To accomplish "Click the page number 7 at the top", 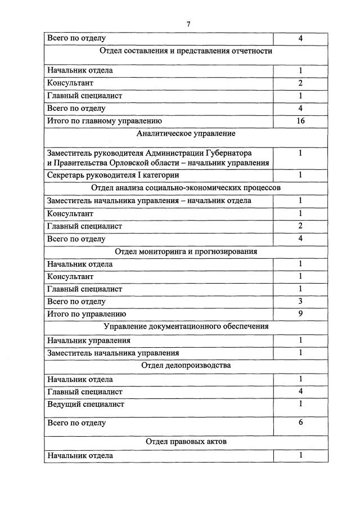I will pos(188,24).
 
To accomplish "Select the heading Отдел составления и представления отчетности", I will pos(186,51).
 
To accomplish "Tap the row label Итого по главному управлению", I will pos(105,120).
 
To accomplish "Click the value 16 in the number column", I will pos(300,120).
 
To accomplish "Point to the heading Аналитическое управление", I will pos(186,134).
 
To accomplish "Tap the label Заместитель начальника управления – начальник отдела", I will pos(149,201).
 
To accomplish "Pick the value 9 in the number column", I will pos(300,313).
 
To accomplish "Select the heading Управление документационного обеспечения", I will pos(186,326).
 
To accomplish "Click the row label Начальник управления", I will pos(89,340).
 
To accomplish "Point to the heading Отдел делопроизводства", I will pos(186,365).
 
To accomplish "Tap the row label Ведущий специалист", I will pos(85,404).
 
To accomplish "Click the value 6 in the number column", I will pos(300,422).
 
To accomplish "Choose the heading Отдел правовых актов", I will pos(186,442).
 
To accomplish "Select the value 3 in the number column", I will pos(300,301).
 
